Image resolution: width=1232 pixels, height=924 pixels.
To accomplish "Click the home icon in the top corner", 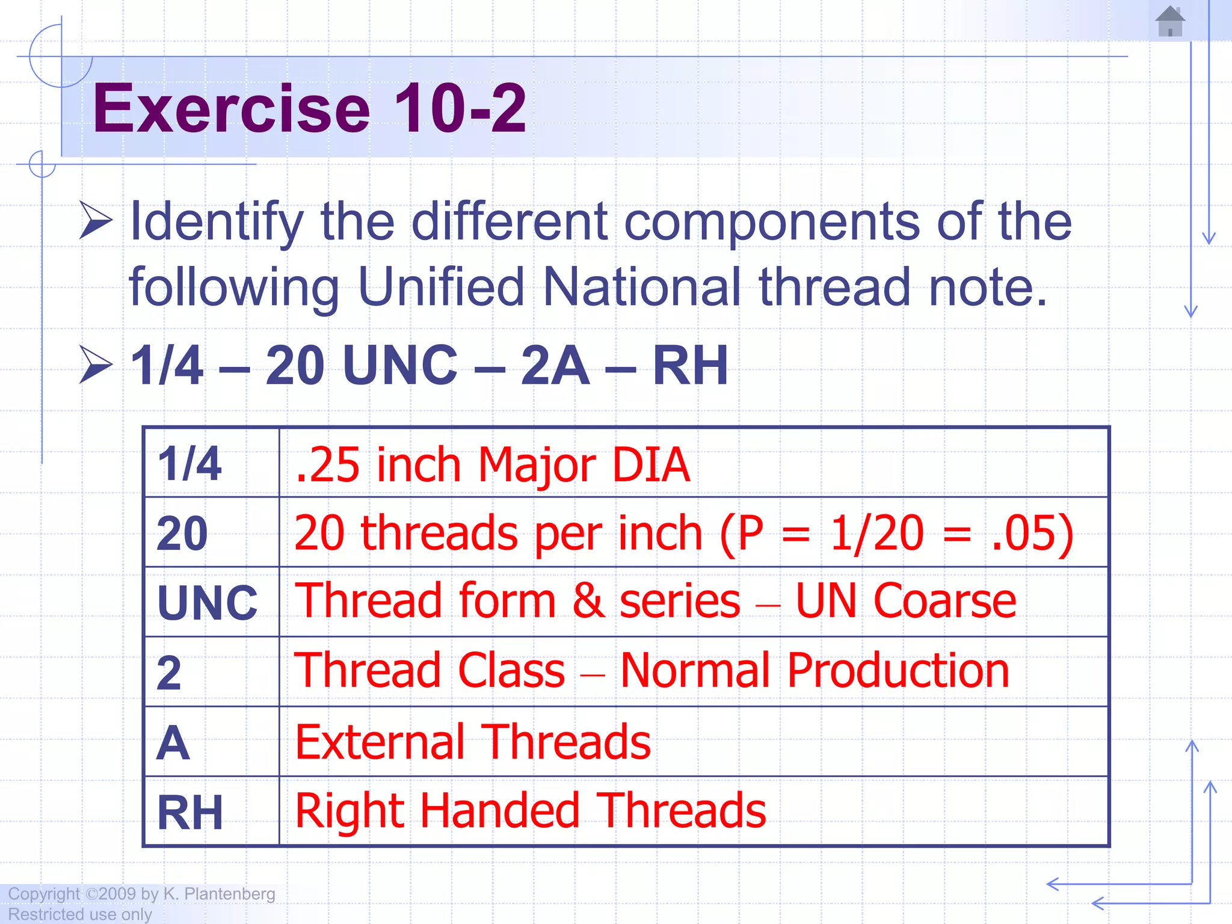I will (x=1170, y=22).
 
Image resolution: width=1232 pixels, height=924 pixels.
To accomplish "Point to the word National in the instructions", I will (x=641, y=287).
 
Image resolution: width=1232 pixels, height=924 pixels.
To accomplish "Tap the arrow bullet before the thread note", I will (x=96, y=365).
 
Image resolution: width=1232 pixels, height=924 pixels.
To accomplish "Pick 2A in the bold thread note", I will (x=555, y=365).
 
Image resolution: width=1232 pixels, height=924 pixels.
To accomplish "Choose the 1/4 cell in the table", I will (x=189, y=464).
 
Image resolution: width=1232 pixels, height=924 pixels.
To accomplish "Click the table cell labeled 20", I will (x=182, y=534).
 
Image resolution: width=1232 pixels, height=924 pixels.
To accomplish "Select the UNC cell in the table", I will (x=208, y=603).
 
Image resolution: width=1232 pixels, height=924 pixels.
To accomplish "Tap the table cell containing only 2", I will (x=169, y=673).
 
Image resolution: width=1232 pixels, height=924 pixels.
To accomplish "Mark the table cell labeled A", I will (x=173, y=743).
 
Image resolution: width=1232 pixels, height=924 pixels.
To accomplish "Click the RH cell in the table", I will (x=190, y=812).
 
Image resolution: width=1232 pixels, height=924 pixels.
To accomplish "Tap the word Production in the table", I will (x=898, y=671).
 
